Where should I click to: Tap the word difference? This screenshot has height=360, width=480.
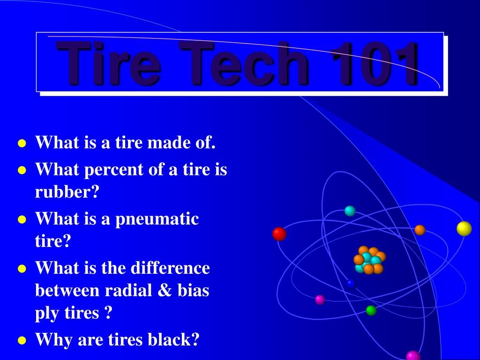pyautogui.click(x=171, y=268)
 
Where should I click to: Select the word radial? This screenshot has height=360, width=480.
pyautogui.click(x=126, y=291)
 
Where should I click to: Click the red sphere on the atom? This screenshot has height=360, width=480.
pyautogui.click(x=279, y=233)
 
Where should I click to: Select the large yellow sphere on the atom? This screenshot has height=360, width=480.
pyautogui.click(x=464, y=228)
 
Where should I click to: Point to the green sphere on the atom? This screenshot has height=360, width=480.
pyautogui.click(x=371, y=310)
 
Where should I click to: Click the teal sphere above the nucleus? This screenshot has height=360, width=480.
pyautogui.click(x=350, y=211)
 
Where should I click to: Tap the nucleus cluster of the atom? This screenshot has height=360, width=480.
pyautogui.click(x=369, y=261)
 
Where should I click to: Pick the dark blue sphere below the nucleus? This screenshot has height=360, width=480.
pyautogui.click(x=351, y=284)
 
